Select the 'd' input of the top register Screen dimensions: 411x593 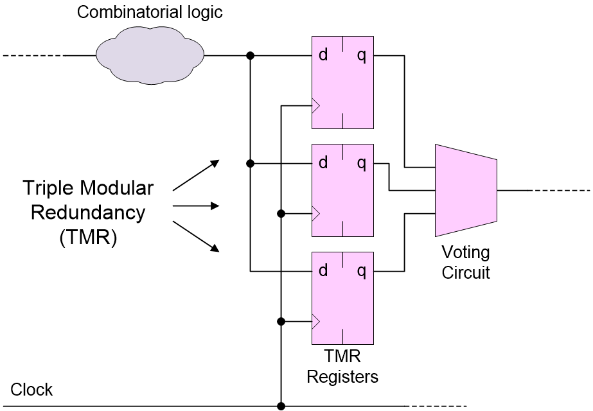pos(323,55)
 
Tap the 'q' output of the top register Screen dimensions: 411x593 pos(362,55)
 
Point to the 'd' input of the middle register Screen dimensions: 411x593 pos(323,163)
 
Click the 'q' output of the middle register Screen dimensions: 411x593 pos(362,163)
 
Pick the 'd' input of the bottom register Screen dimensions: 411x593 pos(323,271)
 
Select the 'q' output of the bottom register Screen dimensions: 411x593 pos(362,271)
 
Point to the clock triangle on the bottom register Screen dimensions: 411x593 pos(315,321)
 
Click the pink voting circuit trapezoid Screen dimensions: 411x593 pos(466,190)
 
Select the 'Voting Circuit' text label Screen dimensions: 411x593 pos(466,262)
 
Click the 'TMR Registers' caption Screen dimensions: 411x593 pos(342,367)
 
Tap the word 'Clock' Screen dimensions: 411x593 pos(31,390)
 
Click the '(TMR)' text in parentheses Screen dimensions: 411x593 pos(88,237)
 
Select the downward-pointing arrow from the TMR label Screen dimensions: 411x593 pos(196,236)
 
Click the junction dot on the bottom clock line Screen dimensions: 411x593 pos(281,406)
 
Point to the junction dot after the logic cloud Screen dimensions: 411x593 pos(251,56)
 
